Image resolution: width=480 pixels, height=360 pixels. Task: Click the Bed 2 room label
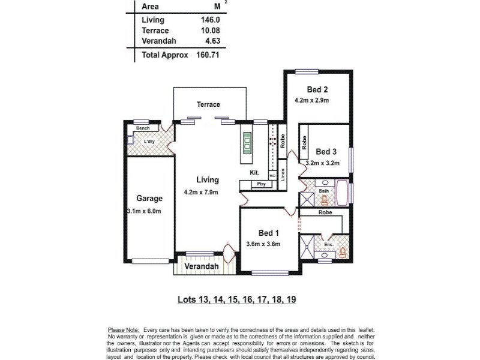[x=307, y=90]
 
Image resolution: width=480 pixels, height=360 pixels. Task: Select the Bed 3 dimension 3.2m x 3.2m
[x=323, y=163]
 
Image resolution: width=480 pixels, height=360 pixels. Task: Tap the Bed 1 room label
[x=269, y=233]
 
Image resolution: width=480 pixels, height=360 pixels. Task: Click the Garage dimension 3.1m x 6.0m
[x=145, y=211]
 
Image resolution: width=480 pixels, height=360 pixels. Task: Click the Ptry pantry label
[x=261, y=184]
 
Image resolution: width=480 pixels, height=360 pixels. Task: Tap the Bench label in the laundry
[x=142, y=128]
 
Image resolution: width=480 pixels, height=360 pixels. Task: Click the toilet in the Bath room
[x=325, y=200]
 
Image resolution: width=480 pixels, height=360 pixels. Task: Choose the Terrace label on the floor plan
[x=208, y=104]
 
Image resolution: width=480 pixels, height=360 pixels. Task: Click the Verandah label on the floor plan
[x=200, y=266]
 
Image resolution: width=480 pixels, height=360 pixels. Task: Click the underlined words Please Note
[x=123, y=330]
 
